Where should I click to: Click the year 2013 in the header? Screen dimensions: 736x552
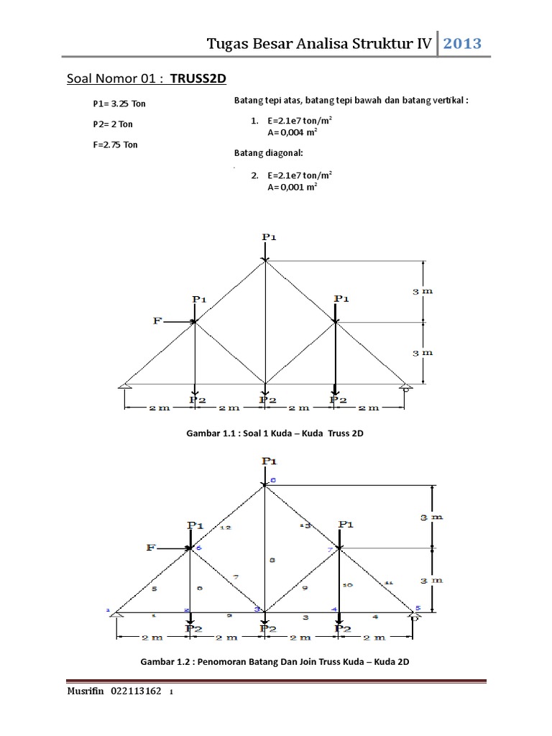pyautogui.click(x=461, y=44)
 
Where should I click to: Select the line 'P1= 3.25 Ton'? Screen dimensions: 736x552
pyautogui.click(x=119, y=103)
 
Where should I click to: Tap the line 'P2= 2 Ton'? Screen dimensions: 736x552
pyautogui.click(x=113, y=124)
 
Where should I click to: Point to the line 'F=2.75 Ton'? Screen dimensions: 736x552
pyautogui.click(x=115, y=144)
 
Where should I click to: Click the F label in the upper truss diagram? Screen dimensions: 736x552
pyautogui.click(x=157, y=321)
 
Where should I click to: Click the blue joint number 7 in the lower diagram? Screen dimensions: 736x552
pyautogui.click(x=331, y=551)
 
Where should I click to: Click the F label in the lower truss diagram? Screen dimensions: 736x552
pyautogui.click(x=151, y=548)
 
